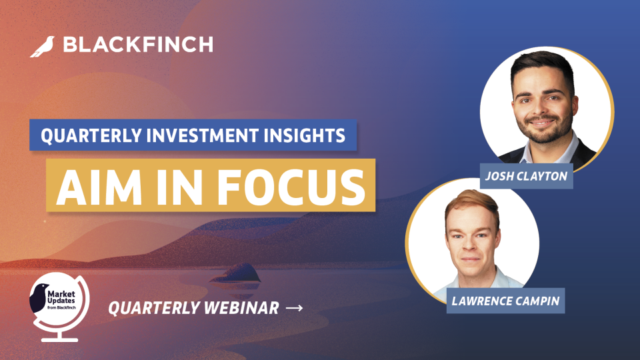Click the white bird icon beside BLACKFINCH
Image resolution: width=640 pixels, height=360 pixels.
[x=42, y=47]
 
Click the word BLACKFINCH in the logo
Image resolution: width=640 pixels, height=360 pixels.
[x=138, y=45]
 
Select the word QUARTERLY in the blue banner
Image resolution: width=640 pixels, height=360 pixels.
[x=91, y=135]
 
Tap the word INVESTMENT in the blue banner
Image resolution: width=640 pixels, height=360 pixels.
[x=203, y=135]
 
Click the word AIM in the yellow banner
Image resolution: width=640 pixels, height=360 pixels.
[x=99, y=187]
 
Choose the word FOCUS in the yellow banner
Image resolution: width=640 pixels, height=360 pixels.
[x=291, y=187]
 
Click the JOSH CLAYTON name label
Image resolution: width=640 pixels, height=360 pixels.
[x=526, y=176]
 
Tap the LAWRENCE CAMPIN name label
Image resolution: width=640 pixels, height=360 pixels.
[x=505, y=301]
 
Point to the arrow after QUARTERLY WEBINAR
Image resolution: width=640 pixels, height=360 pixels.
[x=294, y=308]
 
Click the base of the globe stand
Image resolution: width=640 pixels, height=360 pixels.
[x=59, y=339]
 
